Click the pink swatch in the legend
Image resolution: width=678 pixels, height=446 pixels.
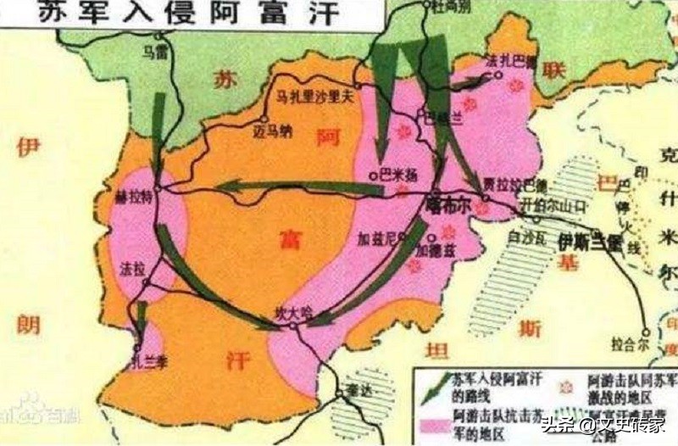coord(433,421)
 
